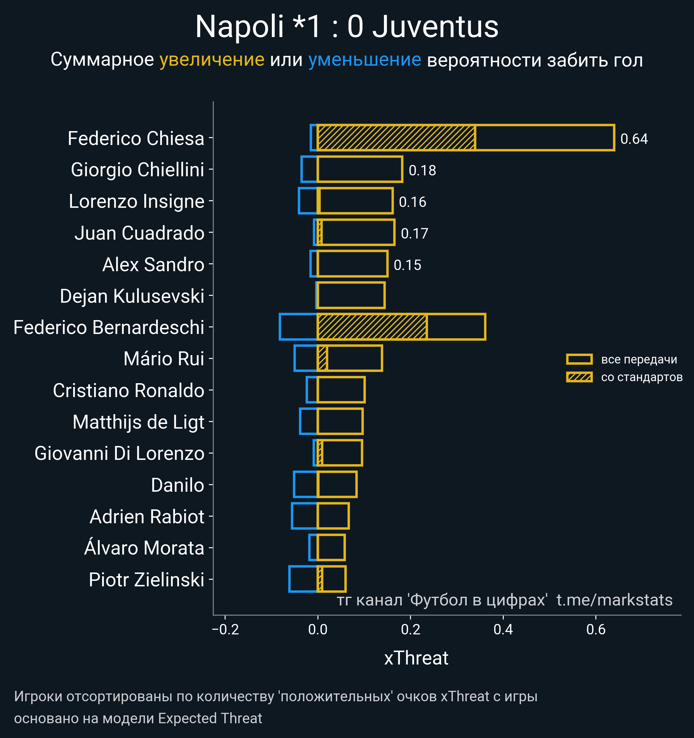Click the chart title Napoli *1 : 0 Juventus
(x=347, y=27)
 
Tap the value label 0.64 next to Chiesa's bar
(x=634, y=139)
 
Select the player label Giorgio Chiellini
(x=137, y=170)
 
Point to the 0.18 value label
(x=422, y=170)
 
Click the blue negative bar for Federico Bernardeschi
(x=298, y=327)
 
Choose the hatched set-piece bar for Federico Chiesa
(x=396, y=138)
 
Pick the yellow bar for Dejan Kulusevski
(x=351, y=295)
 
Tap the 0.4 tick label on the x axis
(x=503, y=629)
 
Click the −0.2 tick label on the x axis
(x=225, y=629)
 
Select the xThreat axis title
(x=416, y=658)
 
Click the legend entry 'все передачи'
(x=639, y=359)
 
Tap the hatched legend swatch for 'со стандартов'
(x=579, y=377)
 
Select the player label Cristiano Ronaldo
(x=128, y=390)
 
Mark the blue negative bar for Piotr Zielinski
(x=303, y=579)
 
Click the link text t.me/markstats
(x=614, y=600)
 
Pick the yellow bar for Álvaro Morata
(x=331, y=548)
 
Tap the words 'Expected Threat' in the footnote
(x=210, y=718)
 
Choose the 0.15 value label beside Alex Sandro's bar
(x=407, y=265)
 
